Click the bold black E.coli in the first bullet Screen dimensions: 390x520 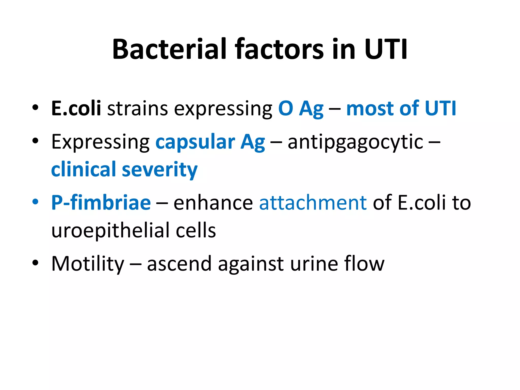pyautogui.click(x=76, y=108)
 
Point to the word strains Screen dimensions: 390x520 pyautogui.click(x=137, y=108)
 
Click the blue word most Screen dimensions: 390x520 pyautogui.click(x=370, y=108)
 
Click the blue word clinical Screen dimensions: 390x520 pyautogui.click(x=84, y=169)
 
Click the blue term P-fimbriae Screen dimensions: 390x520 pyautogui.click(x=101, y=203)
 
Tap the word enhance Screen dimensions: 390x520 pyautogui.click(x=213, y=203)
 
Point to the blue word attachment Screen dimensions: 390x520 pyautogui.click(x=313, y=203)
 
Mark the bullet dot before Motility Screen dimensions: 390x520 pyautogui.click(x=35, y=263)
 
